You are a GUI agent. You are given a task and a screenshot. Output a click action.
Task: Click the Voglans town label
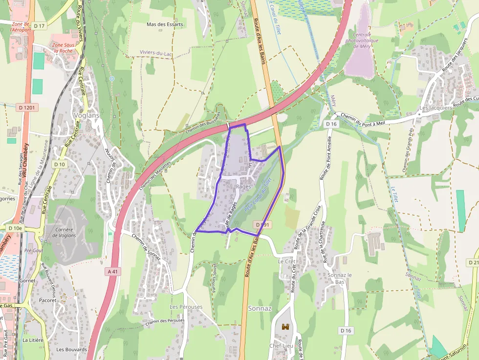click(x=86, y=115)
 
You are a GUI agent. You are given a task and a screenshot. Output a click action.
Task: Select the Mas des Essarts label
click(x=165, y=24)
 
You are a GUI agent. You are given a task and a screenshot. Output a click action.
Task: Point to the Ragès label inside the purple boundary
click(x=243, y=187)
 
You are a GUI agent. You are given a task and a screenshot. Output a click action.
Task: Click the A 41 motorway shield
click(x=112, y=271)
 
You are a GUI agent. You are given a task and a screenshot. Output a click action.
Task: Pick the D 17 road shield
click(x=39, y=25)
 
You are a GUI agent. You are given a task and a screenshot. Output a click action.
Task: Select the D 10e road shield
click(x=15, y=228)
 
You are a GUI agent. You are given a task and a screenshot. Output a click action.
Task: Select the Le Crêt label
click(x=287, y=261)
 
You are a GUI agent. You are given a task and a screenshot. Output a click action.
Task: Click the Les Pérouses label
click(x=186, y=307)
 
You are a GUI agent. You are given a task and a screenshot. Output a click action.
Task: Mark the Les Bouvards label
click(x=71, y=349)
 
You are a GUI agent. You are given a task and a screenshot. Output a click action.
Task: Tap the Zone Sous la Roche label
click(x=63, y=47)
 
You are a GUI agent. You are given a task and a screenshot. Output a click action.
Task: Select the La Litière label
click(x=33, y=339)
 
